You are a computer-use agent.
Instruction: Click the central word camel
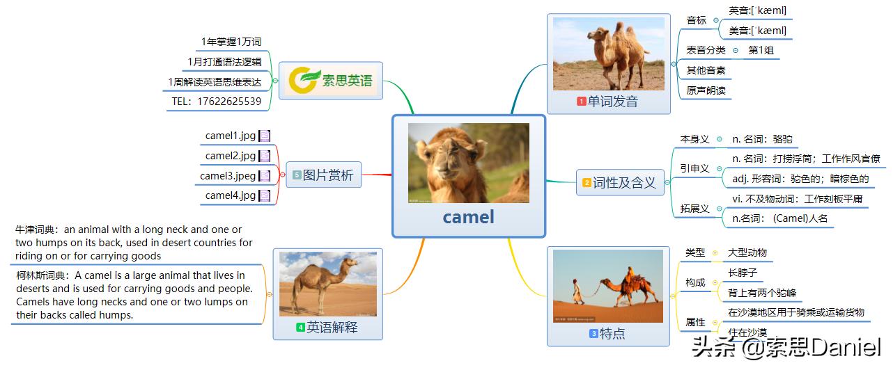(468, 217)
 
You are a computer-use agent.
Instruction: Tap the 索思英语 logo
(332, 81)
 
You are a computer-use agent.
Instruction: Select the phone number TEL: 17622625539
(217, 102)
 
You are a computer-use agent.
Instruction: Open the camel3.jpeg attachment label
(228, 176)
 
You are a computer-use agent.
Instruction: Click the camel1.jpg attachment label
(231, 136)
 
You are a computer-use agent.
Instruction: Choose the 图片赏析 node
(323, 175)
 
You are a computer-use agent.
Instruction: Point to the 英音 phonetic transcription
(757, 10)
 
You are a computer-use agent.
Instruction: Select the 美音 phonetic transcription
(757, 31)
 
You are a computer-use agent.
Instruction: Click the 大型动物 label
(747, 252)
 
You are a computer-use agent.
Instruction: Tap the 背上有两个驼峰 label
(761, 293)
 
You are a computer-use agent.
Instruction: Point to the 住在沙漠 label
(747, 332)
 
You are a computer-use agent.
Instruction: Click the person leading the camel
(578, 292)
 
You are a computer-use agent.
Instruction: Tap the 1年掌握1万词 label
(231, 42)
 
